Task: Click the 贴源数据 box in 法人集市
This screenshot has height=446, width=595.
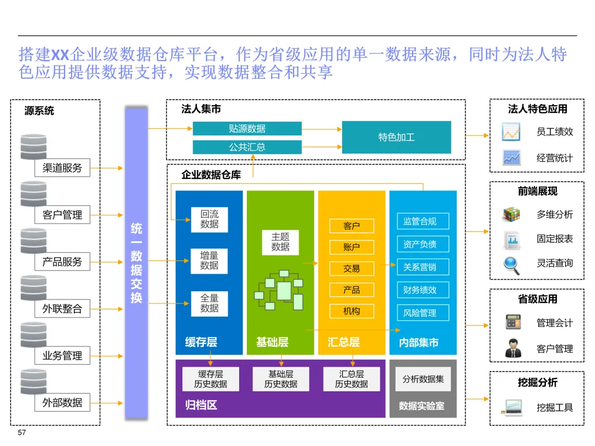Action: click(247, 129)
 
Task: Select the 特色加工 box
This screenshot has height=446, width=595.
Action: click(396, 137)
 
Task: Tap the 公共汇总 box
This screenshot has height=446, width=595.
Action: click(247, 147)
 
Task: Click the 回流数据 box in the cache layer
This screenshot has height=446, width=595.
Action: click(209, 219)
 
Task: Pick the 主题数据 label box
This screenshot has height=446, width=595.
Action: click(280, 242)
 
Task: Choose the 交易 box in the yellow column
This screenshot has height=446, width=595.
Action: click(351, 268)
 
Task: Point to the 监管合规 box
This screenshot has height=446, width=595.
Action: click(423, 221)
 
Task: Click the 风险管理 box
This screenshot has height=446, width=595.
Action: click(423, 313)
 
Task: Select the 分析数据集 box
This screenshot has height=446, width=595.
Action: click(423, 379)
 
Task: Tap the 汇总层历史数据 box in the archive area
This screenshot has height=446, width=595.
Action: click(351, 379)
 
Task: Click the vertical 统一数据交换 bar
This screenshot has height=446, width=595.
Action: click(136, 263)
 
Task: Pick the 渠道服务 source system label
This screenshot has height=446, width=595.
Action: click(62, 168)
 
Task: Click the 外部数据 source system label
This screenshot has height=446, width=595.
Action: click(62, 403)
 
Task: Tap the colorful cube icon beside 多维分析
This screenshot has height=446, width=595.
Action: click(511, 214)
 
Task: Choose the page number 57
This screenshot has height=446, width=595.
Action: click(22, 433)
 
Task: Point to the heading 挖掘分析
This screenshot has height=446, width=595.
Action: click(537, 383)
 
